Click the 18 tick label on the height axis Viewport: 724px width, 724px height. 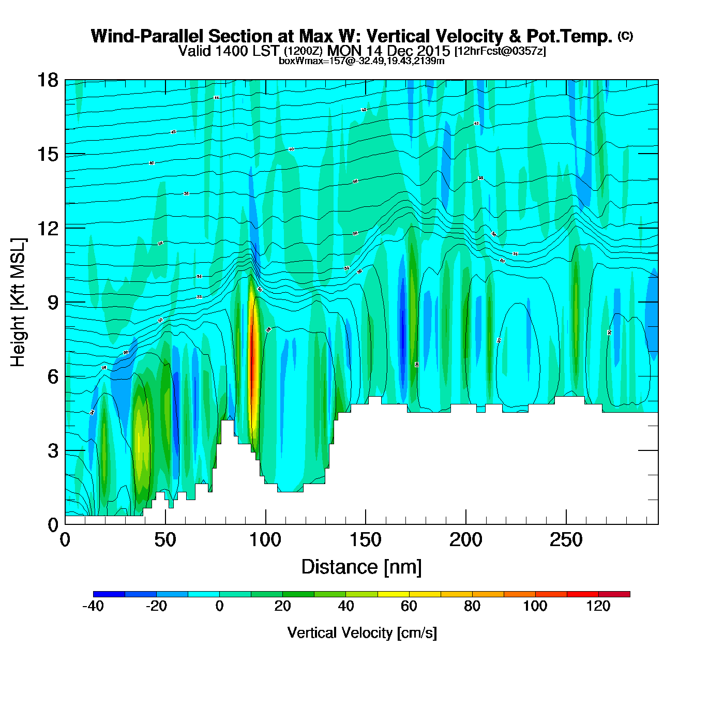tap(47, 80)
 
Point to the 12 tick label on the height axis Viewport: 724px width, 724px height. tap(47, 228)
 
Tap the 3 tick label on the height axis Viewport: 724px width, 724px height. tap(53, 450)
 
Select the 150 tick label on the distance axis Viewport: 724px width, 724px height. tap(366, 540)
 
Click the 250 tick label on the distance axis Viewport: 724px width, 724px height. tap(566, 540)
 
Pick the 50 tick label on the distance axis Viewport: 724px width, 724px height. tap(165, 540)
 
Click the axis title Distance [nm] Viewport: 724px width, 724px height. tap(361, 567)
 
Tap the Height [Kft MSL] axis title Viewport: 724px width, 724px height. tap(18, 303)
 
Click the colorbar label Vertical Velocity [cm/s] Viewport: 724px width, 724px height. tap(362, 632)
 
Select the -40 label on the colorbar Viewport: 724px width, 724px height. tap(93, 606)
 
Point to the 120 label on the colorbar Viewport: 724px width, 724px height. tap(598, 606)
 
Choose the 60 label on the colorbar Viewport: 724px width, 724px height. tap(409, 606)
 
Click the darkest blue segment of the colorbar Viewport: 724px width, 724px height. tap(109, 594)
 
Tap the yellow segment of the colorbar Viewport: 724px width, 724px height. tap(393, 594)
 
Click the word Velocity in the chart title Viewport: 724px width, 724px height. tap(468, 36)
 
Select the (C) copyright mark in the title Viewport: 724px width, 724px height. tap(625, 36)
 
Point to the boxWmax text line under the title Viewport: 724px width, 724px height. tap(361, 61)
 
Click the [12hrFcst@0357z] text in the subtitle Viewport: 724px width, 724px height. tap(500, 51)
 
